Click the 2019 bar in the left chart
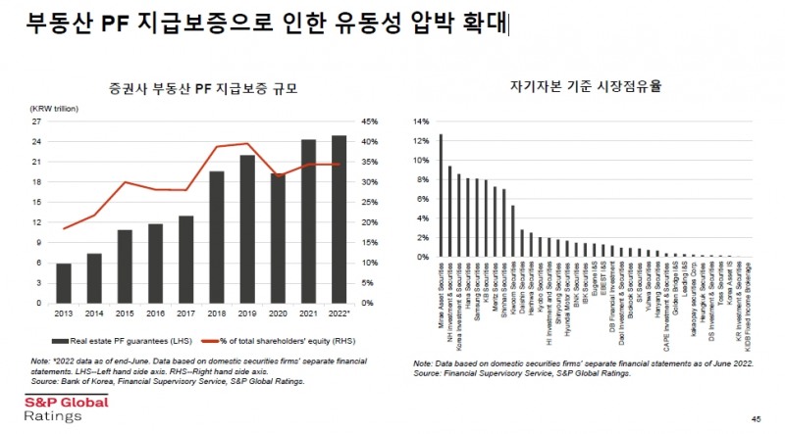(x=247, y=229)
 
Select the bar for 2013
(x=64, y=283)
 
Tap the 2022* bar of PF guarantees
(x=339, y=219)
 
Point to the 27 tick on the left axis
(x=36, y=121)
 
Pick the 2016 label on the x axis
(x=155, y=313)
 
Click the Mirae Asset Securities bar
(x=441, y=196)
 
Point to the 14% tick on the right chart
(x=418, y=122)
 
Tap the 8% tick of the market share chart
(x=420, y=180)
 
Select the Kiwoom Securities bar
(x=513, y=231)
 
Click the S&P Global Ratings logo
(x=54, y=408)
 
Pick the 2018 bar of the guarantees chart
(x=217, y=237)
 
